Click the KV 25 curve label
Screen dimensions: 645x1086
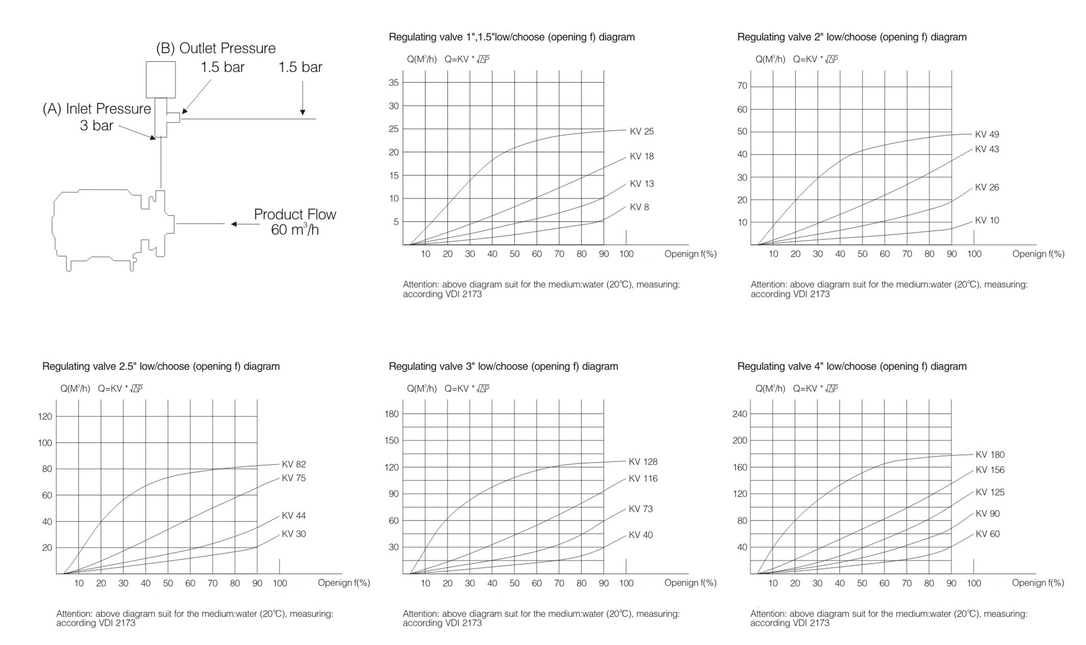coord(642,131)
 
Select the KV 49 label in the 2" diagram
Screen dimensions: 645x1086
coord(987,134)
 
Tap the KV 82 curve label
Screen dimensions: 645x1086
coord(294,464)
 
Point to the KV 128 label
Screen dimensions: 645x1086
coord(643,462)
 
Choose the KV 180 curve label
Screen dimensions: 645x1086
coord(990,454)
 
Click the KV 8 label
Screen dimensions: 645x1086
coord(639,207)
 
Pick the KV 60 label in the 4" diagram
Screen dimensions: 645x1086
coord(987,534)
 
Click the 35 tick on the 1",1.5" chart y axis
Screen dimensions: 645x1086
coord(394,82)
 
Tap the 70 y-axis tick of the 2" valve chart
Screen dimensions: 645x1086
coord(742,86)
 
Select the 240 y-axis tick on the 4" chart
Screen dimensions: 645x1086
coord(740,414)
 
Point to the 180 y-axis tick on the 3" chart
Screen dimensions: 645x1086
coord(391,414)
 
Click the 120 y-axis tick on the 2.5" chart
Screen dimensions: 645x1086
coord(45,416)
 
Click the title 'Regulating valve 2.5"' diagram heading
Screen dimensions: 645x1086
coord(161,366)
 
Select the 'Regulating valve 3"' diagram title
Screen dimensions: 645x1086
coord(503,366)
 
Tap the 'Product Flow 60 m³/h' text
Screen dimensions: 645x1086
coord(295,222)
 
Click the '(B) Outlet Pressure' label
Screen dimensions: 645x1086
coord(216,48)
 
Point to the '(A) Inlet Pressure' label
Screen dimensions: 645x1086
coord(97,109)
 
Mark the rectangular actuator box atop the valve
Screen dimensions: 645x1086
coord(161,79)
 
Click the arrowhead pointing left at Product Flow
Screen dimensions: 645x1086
coord(234,224)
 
